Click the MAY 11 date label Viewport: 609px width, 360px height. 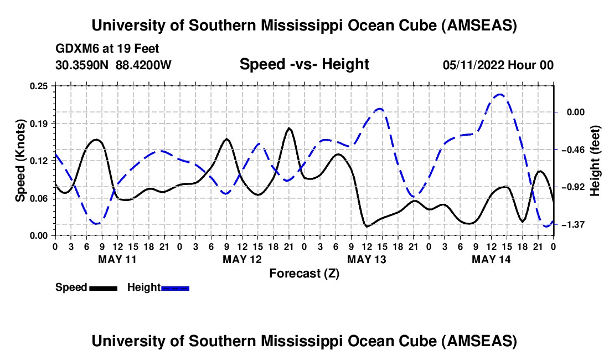(117, 259)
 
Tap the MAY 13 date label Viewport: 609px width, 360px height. (367, 259)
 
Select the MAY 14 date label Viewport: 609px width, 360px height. (491, 259)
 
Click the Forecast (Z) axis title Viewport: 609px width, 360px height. (304, 273)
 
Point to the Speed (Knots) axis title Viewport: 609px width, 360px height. (20, 161)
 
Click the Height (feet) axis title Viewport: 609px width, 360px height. (595, 161)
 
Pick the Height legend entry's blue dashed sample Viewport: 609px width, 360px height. (175, 288)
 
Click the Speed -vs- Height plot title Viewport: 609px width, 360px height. (304, 65)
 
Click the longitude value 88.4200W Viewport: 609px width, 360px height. (144, 65)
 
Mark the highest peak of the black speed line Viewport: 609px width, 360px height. (289, 128)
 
